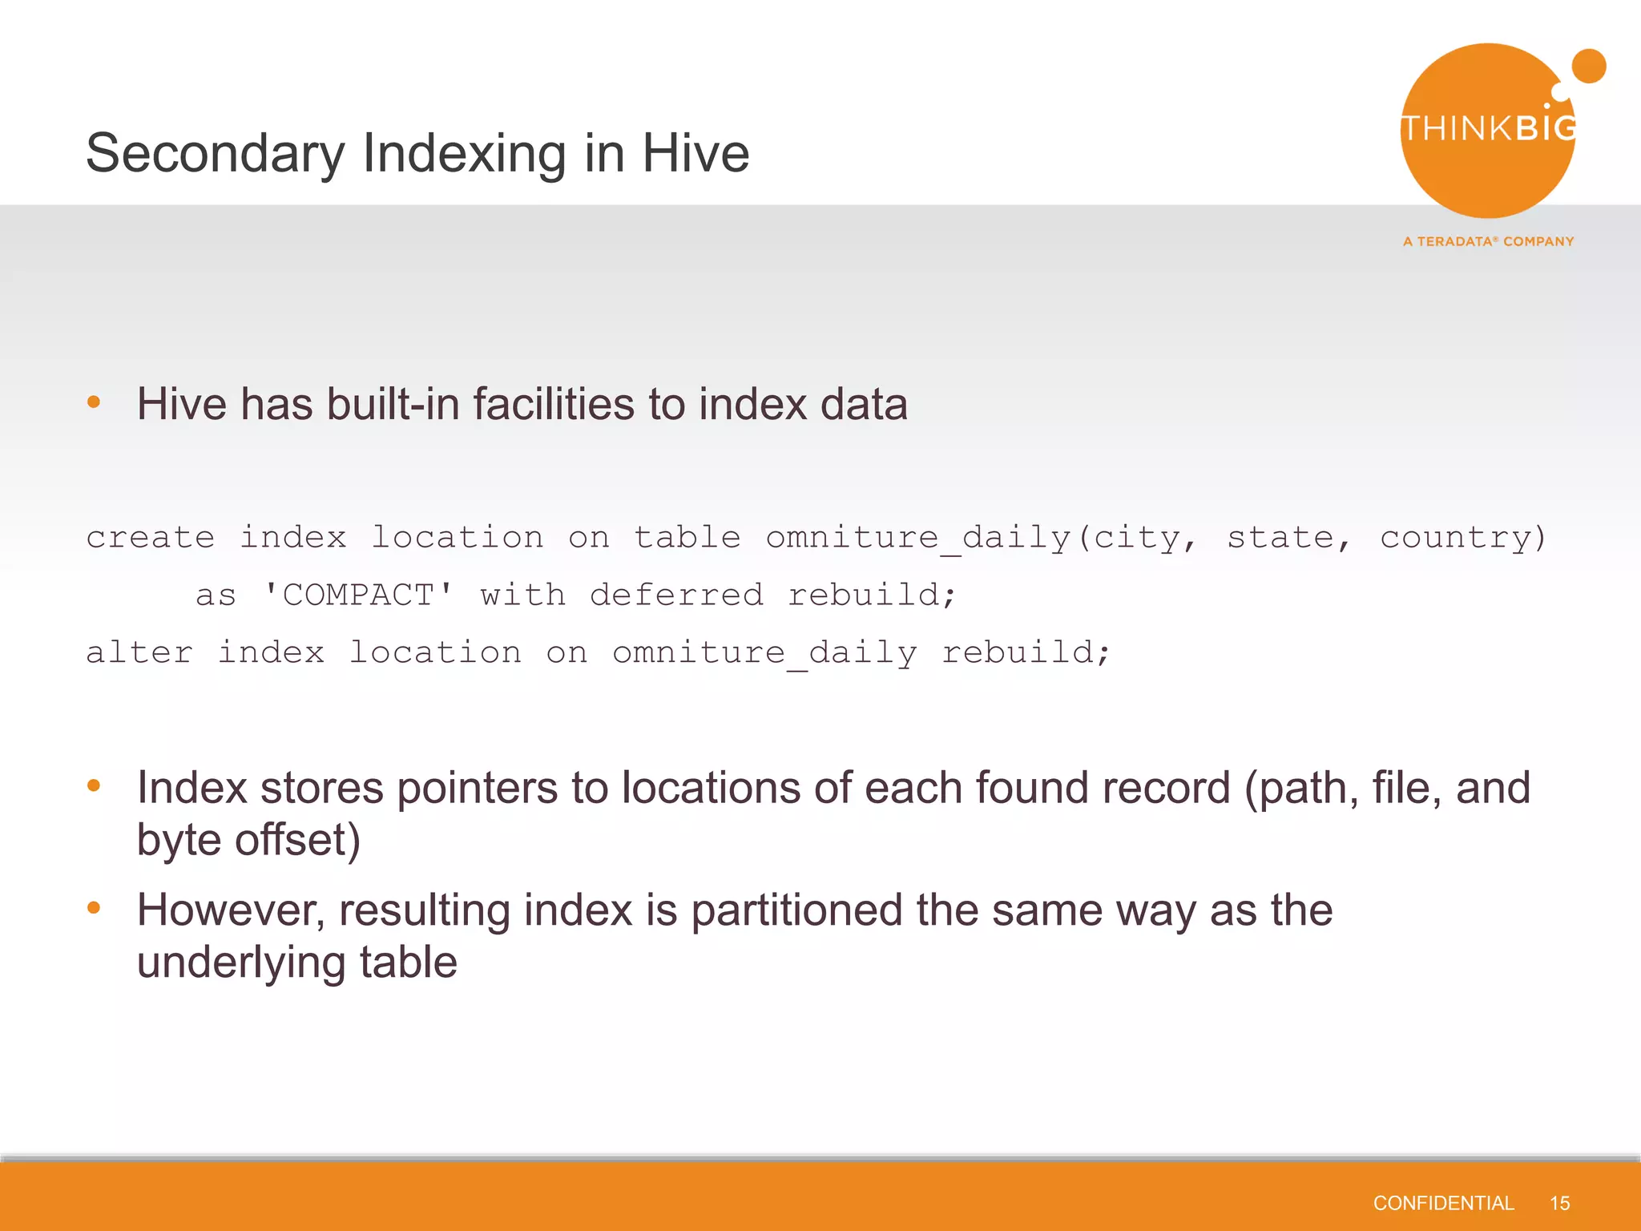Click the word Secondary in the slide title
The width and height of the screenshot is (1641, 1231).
215,154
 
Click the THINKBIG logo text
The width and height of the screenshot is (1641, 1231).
1489,129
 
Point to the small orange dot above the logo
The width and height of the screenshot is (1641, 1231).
1588,66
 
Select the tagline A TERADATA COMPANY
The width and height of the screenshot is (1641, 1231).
1488,241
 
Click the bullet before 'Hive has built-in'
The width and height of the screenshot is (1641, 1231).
94,402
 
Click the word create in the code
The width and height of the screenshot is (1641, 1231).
151,538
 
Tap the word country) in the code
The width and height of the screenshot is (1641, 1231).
1462,538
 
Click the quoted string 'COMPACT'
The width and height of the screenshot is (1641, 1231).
358,595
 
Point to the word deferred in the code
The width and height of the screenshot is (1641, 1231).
676,595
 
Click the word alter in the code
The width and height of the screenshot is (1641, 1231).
139,653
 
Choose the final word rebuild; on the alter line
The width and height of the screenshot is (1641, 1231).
1026,653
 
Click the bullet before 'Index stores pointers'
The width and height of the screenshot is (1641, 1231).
94,786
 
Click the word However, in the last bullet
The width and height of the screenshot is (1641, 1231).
231,910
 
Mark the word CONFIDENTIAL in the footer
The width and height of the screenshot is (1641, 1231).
1443,1203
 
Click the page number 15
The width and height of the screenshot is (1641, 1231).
1559,1203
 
